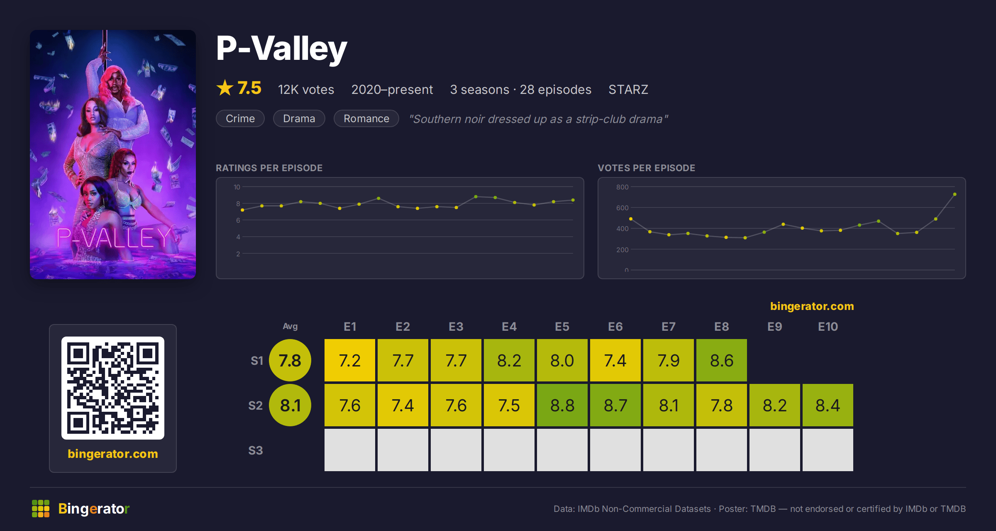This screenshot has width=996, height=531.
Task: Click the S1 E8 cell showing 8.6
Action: point(722,360)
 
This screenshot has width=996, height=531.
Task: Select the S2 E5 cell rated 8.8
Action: point(562,405)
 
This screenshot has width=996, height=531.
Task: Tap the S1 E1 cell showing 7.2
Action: point(350,360)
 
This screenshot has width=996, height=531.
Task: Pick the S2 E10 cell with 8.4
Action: point(828,405)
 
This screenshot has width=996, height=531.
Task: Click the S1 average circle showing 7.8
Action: point(290,360)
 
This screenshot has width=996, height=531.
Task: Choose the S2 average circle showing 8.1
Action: point(290,405)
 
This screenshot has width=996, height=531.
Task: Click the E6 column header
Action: point(615,327)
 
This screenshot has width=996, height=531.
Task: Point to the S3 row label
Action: point(256,450)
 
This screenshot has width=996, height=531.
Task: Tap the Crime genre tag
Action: point(240,118)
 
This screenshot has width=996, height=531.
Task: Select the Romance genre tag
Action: point(366,118)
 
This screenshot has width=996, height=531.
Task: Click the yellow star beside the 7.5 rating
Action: point(225,88)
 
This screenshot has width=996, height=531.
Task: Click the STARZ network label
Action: point(628,89)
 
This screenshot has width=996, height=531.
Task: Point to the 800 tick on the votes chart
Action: point(622,187)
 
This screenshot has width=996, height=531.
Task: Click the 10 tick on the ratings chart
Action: point(237,187)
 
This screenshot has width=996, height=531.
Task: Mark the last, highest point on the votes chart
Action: point(955,194)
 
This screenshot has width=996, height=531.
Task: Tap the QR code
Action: point(113,388)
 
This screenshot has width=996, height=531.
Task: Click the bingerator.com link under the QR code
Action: point(113,454)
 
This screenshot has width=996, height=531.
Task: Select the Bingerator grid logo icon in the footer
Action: point(41,509)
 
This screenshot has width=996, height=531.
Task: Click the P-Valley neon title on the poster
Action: point(114,238)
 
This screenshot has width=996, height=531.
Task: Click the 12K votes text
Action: point(306,89)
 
